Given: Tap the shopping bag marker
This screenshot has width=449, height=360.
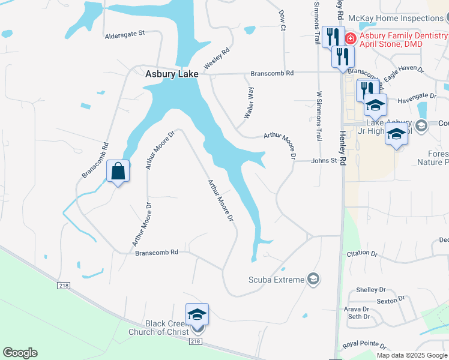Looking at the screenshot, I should click(118, 171).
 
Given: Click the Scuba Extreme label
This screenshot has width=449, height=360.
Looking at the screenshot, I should click(277, 280).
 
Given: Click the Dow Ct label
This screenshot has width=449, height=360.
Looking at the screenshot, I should click(282, 20).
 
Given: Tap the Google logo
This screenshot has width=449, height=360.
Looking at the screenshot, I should click(20, 353).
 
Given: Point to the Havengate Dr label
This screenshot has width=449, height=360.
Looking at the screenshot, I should click(417, 96).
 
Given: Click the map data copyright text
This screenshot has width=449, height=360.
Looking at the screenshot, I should click(411, 355).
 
